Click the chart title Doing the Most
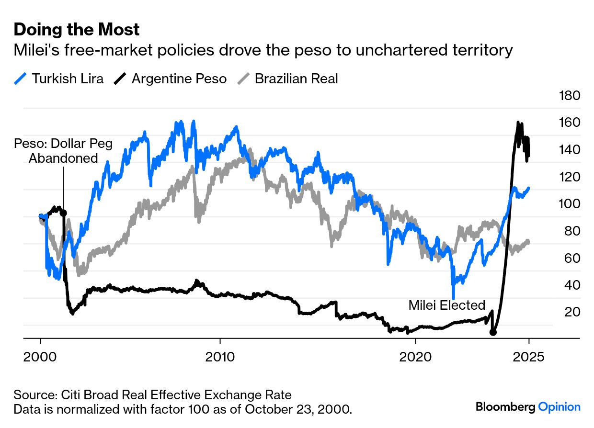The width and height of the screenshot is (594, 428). click(77, 30)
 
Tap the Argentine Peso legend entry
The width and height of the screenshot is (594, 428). click(171, 79)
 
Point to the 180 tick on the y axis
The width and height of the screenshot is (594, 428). click(570, 96)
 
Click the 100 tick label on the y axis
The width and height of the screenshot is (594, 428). click(570, 204)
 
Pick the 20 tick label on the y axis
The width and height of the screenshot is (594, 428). click(573, 312)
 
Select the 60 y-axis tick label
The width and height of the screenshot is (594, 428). click(573, 258)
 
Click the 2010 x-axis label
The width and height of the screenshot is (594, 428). click(220, 357)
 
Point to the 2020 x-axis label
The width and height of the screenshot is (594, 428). click(415, 357)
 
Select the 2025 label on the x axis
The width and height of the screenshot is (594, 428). click(528, 357)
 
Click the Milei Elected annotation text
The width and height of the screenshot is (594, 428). click(447, 305)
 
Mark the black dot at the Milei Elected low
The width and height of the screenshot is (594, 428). click(493, 332)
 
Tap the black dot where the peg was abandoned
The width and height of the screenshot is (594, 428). click(63, 213)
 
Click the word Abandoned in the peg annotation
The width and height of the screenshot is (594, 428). click(63, 158)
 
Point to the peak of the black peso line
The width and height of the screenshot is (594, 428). click(518, 123)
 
